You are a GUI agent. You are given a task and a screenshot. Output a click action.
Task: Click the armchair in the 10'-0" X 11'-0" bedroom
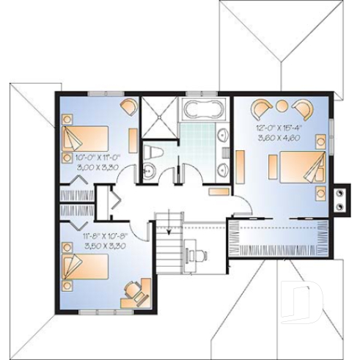[130, 107]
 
